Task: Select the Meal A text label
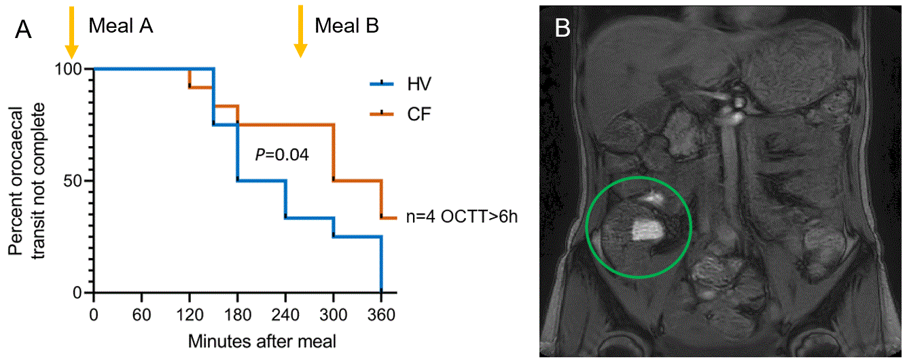pos(121,26)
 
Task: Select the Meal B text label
pos(346,26)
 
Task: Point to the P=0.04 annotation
pos(282,155)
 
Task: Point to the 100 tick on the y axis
pos(72,69)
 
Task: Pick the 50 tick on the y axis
pos(77,181)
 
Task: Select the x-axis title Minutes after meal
pos(262,339)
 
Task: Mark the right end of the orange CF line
pos(395,218)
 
